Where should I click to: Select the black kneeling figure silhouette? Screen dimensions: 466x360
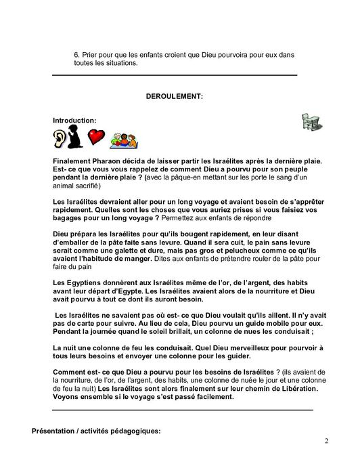click(x=78, y=137)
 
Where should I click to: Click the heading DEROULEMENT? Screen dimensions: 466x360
click(x=174, y=97)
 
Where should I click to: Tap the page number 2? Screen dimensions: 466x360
click(x=325, y=442)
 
